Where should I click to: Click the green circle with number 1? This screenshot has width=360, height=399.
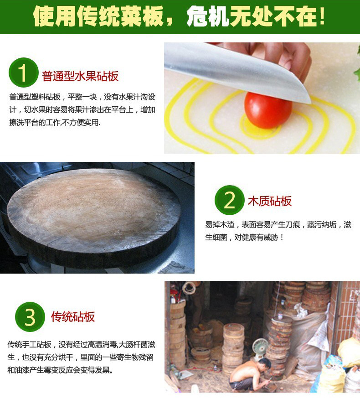tap(23, 73)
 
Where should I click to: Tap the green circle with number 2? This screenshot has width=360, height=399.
tap(229, 200)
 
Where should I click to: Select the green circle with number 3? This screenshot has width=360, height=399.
tap(30, 317)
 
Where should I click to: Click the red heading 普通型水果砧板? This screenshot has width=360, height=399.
tap(80, 76)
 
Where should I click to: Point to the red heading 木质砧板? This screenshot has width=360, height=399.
tap(270, 201)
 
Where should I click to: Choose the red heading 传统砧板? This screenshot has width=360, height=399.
tap(73, 317)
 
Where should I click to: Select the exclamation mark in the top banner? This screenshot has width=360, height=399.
tap(322, 16)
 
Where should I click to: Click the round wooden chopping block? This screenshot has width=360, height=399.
tap(93, 218)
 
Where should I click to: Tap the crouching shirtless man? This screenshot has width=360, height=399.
tap(251, 374)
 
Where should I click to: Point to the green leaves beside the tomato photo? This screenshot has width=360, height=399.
tap(357, 64)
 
